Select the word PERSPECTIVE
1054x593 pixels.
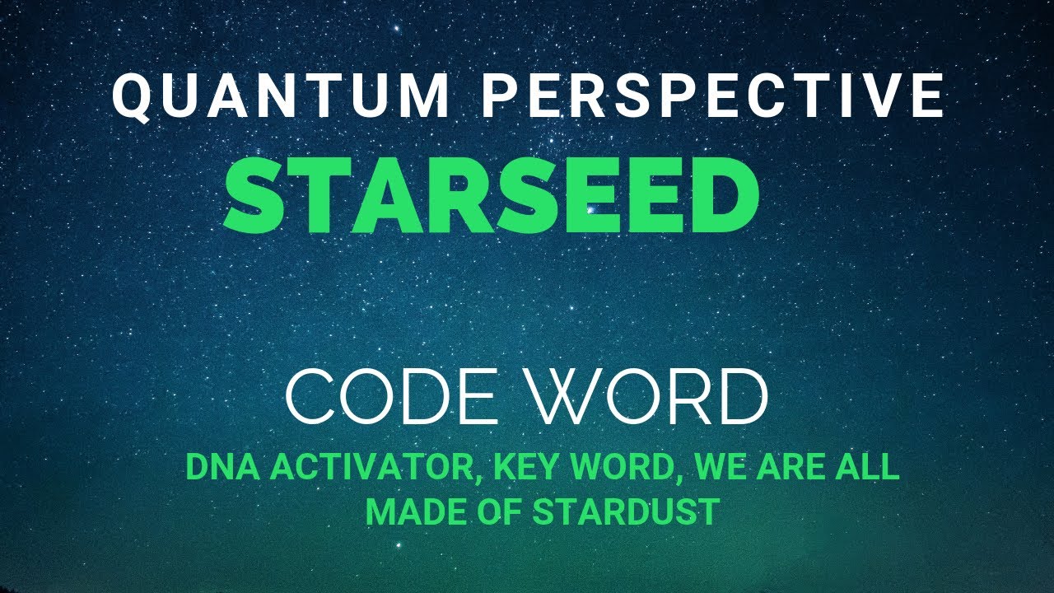point(712,96)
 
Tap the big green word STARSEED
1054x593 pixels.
point(492,197)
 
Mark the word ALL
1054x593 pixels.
point(869,469)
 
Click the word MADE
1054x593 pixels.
point(403,511)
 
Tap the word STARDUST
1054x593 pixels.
point(614,511)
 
